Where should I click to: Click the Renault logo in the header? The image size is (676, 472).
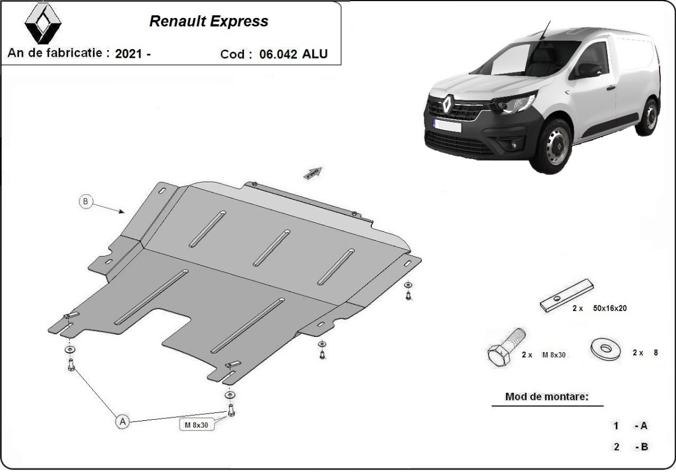click(42, 24)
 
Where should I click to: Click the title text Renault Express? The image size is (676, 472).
click(208, 22)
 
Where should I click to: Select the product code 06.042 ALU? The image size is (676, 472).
click(293, 55)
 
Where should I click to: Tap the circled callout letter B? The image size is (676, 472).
click(86, 201)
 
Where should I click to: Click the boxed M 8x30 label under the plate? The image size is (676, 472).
click(197, 425)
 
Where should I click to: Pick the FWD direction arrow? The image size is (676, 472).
click(313, 173)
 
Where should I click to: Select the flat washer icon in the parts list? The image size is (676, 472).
click(606, 348)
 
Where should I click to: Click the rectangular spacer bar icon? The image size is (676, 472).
click(566, 295)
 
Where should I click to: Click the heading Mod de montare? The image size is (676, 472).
click(546, 397)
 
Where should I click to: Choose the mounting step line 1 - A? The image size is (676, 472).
click(631, 426)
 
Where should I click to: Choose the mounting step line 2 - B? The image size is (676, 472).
click(631, 447)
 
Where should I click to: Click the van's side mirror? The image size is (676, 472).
click(589, 70)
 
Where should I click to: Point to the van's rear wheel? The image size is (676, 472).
click(650, 117)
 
